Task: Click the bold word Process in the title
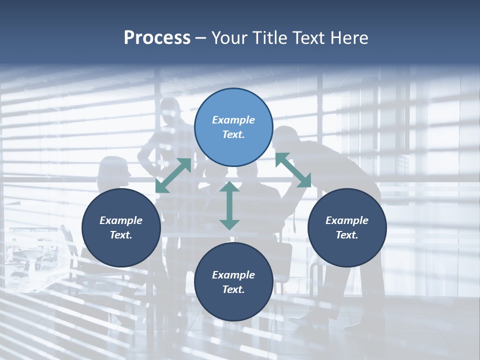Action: coord(157,38)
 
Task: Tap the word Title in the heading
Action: coord(272,38)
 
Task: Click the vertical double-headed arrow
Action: coord(229,205)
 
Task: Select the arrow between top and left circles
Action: coord(173,175)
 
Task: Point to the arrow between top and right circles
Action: coord(293,170)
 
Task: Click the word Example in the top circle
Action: coord(233,120)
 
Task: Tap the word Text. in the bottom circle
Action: coord(233,289)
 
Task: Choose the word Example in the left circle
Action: coord(121,220)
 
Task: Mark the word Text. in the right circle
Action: coord(347,235)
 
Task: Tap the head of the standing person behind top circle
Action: coord(170,110)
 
